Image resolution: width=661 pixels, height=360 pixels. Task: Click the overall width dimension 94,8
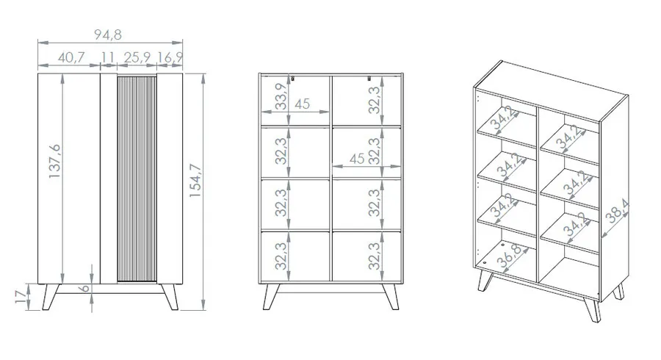click(108, 35)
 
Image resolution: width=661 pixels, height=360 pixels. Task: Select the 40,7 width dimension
click(71, 57)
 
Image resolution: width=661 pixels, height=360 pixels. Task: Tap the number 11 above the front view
click(108, 57)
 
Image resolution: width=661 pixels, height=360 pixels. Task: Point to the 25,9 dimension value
click(137, 57)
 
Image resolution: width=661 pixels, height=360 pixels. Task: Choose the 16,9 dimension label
click(170, 57)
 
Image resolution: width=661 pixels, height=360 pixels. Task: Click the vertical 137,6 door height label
click(55, 161)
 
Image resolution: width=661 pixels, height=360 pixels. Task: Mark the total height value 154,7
click(195, 181)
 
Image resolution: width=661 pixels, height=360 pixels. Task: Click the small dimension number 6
click(84, 288)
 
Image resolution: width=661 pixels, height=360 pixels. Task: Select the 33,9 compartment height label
click(281, 96)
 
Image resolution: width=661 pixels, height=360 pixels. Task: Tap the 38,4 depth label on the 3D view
click(617, 212)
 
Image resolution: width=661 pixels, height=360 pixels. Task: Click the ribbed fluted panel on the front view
click(137, 179)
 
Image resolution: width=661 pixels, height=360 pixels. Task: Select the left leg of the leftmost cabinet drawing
click(51, 297)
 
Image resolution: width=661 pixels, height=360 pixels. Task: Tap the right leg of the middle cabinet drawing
click(390, 297)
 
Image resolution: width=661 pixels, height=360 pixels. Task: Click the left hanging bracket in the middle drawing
click(292, 78)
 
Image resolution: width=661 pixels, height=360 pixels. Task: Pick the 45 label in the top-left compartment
click(302, 104)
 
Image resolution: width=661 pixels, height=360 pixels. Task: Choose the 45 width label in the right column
click(357, 159)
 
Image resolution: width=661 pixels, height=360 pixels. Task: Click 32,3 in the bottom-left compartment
click(281, 256)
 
